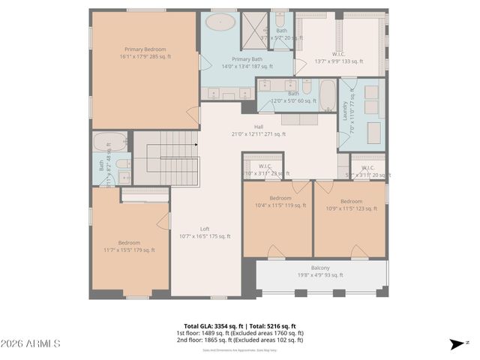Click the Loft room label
(x=205, y=229)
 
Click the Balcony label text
(x=320, y=267)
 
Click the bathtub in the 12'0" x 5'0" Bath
(x=328, y=95)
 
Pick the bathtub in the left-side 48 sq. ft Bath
(x=109, y=142)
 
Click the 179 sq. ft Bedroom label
(x=129, y=242)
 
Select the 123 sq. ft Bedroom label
(x=351, y=201)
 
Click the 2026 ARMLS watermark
(x=31, y=343)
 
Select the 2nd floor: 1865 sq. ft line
(x=240, y=340)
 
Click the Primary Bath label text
(x=247, y=59)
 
